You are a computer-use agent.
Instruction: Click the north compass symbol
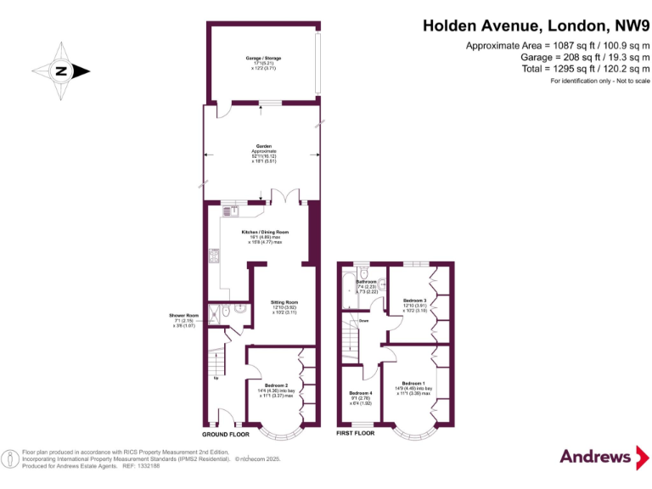61,71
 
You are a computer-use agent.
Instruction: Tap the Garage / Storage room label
263,61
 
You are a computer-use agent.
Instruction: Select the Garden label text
263,153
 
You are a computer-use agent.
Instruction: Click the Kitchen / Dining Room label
265,237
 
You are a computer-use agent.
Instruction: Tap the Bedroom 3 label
415,306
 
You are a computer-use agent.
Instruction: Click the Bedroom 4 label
361,397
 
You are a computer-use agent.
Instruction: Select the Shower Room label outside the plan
183,320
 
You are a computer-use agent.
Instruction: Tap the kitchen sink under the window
231,209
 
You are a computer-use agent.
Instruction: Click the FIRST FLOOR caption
356,433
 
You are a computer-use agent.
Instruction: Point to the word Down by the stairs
363,321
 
